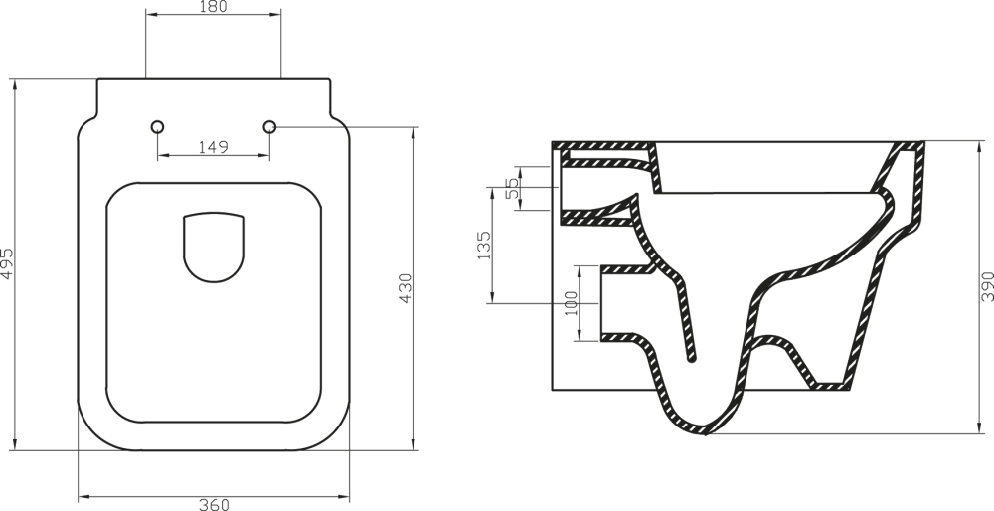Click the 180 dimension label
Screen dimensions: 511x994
click(x=214, y=8)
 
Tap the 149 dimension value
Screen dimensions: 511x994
click(x=214, y=147)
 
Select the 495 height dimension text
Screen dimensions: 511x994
click(x=8, y=263)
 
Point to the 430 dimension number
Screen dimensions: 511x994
click(x=405, y=288)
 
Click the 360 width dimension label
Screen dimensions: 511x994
click(x=214, y=503)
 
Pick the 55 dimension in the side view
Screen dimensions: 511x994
click(x=513, y=188)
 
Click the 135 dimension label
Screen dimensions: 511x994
click(x=484, y=246)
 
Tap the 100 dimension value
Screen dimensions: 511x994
click(x=571, y=303)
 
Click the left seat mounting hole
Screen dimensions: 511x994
click(x=157, y=127)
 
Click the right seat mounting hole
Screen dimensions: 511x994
click(x=269, y=127)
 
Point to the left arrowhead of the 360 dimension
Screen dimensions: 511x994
click(x=82, y=494)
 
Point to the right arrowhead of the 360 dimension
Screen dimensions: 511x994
click(x=348, y=494)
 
